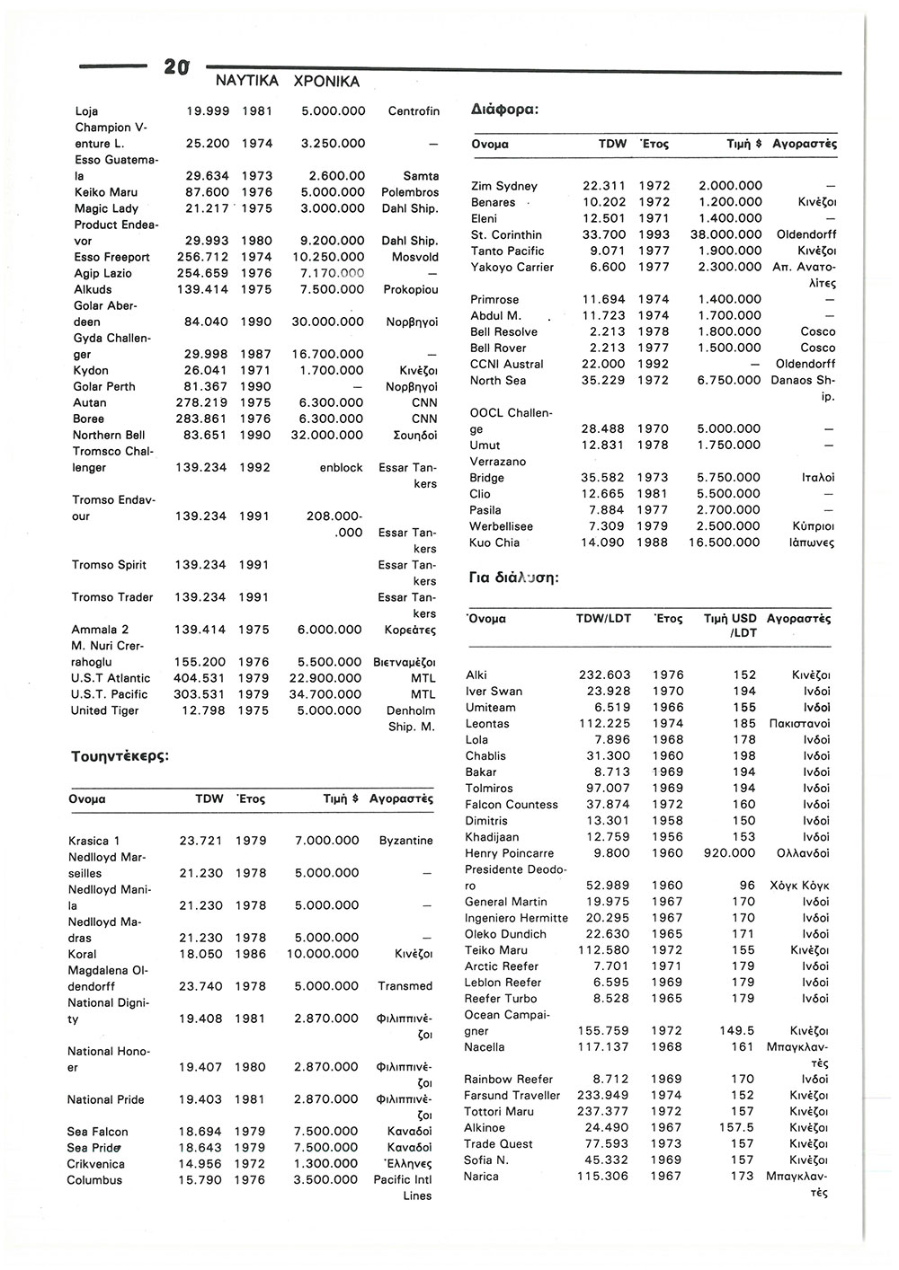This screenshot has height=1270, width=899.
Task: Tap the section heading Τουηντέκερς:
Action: pyautogui.click(x=120, y=756)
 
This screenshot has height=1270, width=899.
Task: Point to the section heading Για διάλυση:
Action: pyautogui.click(x=514, y=578)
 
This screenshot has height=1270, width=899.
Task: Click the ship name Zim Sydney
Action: pyautogui.click(x=503, y=186)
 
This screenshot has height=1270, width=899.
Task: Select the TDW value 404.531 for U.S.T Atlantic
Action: pyautogui.click(x=200, y=678)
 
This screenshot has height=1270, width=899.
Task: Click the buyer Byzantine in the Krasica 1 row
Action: pyautogui.click(x=405, y=841)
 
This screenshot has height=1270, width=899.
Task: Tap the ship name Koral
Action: pyautogui.click(x=82, y=954)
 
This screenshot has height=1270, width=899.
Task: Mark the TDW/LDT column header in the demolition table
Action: pyautogui.click(x=603, y=620)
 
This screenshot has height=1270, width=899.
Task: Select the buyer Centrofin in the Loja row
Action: pyautogui.click(x=414, y=111)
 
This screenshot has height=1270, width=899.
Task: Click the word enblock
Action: pyautogui.click(x=342, y=468)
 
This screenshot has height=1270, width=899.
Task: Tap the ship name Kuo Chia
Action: pyautogui.click(x=494, y=542)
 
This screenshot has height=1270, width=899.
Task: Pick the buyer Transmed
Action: pyautogui.click(x=405, y=986)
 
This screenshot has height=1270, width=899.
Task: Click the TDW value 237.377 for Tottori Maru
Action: pyautogui.click(x=603, y=1112)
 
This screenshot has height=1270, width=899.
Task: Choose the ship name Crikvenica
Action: pyautogui.click(x=96, y=1164)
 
